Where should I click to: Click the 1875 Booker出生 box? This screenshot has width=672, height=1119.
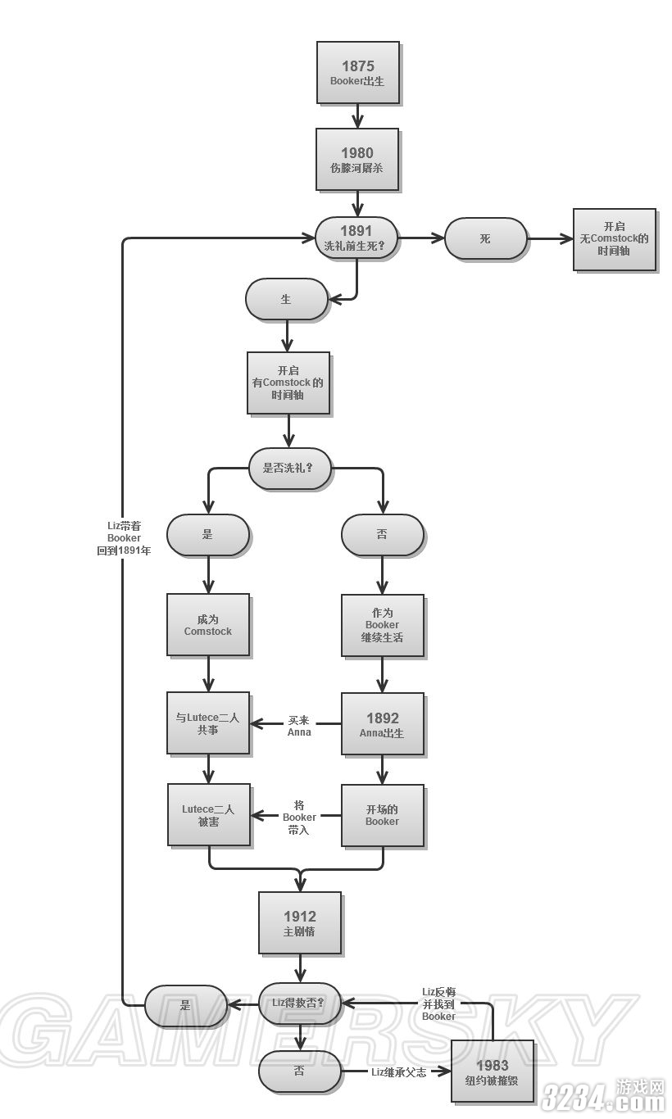click(357, 72)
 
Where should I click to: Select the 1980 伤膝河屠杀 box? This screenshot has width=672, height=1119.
click(357, 159)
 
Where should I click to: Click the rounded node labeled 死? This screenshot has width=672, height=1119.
click(485, 238)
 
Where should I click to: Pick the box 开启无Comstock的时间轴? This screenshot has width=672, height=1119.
click(614, 238)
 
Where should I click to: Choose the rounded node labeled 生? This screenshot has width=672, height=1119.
click(286, 299)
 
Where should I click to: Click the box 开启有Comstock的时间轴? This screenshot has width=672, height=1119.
click(288, 383)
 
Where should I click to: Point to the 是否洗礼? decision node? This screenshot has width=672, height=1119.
click(290, 469)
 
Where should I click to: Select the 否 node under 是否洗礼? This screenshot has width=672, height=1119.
click(382, 534)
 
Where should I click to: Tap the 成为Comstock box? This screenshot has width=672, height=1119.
click(207, 624)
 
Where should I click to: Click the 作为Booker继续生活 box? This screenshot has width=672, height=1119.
click(382, 624)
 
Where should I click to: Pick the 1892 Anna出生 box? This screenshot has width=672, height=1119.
click(382, 724)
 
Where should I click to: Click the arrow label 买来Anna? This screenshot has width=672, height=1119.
click(299, 726)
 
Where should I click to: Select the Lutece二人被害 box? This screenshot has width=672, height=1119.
click(208, 814)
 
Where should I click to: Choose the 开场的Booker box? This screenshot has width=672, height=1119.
click(382, 814)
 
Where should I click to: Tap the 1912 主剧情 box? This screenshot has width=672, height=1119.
click(299, 922)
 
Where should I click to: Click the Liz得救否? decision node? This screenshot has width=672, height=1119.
click(299, 1003)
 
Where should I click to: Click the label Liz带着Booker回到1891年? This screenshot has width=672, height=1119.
click(124, 538)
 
